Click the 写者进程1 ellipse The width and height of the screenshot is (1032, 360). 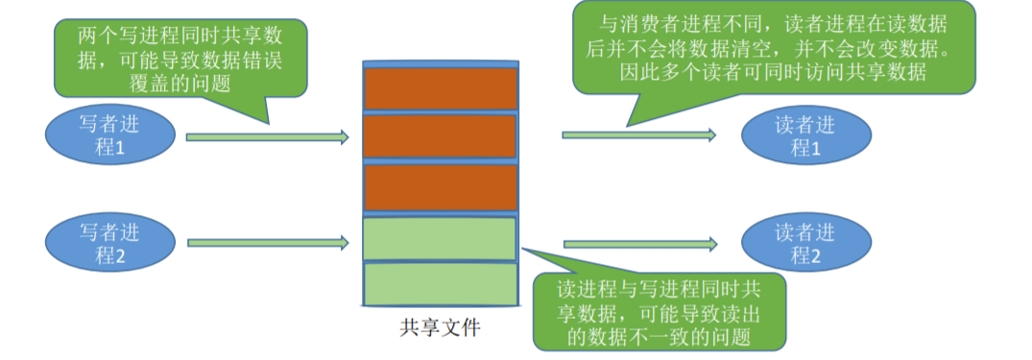tap(112, 136)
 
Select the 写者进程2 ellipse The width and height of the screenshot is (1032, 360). tap(112, 244)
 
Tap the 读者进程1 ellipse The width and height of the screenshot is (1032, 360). tap(805, 135)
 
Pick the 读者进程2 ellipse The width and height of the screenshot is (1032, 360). tap(805, 244)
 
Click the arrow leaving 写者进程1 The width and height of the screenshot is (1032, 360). tap(266, 137)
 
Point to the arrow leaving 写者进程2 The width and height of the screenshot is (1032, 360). tap(266, 244)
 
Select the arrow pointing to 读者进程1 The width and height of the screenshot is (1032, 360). tap(639, 135)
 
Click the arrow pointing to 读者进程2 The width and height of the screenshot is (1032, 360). tap(639, 244)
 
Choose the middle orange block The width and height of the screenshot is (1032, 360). tap(441, 137)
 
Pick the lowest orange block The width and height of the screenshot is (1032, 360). tap(441, 187)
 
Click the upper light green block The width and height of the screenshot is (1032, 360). tap(441, 238)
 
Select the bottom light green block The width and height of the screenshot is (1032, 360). tap(441, 284)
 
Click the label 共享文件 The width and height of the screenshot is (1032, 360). tap(440, 327)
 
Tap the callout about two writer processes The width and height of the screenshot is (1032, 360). tap(180, 58)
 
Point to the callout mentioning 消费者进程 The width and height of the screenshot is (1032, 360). tap(773, 47)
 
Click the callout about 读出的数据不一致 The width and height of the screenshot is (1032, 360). tap(658, 311)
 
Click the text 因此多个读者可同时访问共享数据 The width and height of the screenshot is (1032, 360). tap(773, 71)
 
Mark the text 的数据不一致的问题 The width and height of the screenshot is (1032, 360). tap(658, 334)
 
